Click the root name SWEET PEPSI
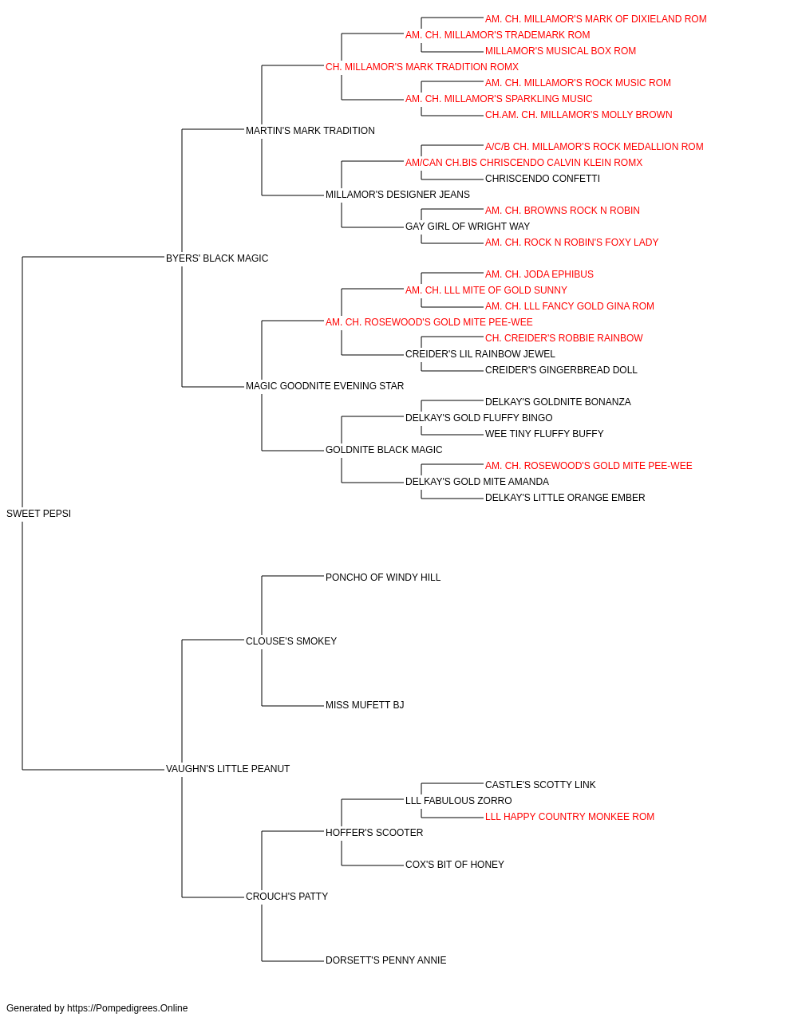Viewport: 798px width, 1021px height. tap(38, 514)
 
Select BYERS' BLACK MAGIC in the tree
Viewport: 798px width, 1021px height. tap(216, 258)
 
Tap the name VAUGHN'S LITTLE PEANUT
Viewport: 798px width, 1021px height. tap(227, 769)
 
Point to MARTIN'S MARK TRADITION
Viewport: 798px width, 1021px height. tap(310, 131)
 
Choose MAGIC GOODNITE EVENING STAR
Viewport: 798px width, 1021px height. tap(325, 386)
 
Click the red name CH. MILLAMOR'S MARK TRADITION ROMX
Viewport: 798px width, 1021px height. tap(422, 67)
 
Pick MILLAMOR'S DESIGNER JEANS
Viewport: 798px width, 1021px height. tap(397, 195)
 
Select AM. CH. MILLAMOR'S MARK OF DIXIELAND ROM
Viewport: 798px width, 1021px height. tap(596, 19)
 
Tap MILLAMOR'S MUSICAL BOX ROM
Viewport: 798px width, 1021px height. tap(560, 51)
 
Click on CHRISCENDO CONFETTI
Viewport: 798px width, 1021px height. tap(543, 179)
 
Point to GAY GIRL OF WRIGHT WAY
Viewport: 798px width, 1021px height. tap(468, 227)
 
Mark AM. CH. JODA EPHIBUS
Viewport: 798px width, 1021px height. tap(539, 274)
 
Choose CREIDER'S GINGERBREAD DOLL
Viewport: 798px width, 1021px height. tap(561, 370)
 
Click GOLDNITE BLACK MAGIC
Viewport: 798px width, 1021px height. tap(384, 450)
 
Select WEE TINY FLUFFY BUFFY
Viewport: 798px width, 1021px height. tap(544, 434)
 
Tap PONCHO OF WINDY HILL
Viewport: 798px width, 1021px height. tap(383, 578)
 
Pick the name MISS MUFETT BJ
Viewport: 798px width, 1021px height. tap(365, 705)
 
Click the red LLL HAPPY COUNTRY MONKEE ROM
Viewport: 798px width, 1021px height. tap(570, 817)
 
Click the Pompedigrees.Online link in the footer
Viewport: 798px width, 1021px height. tap(128, 1008)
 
